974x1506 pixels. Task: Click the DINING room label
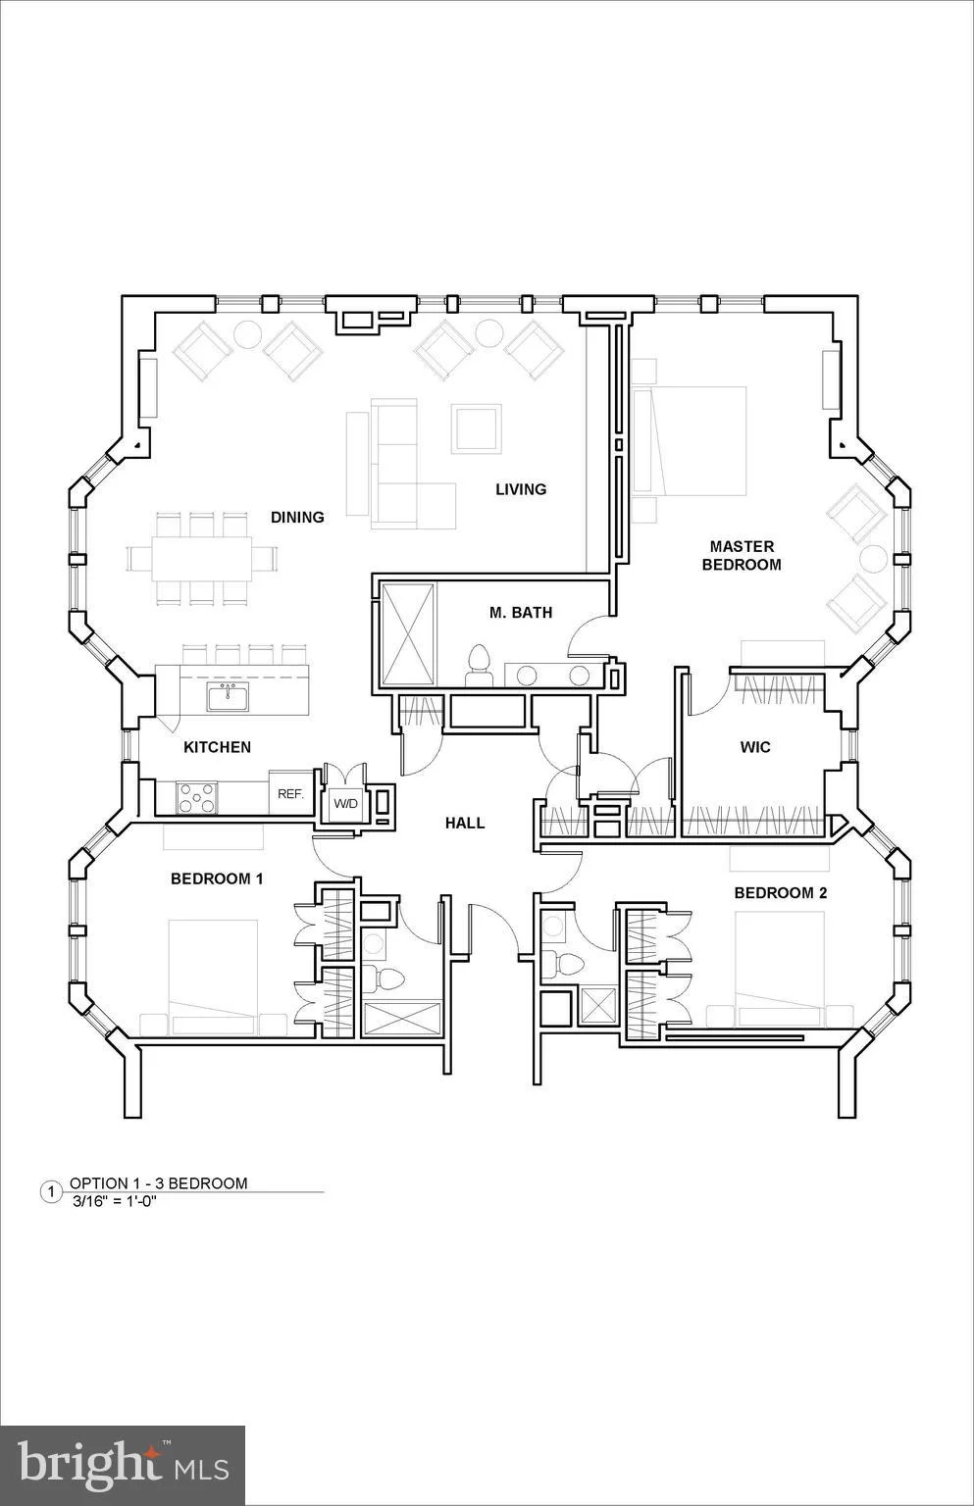[x=297, y=517]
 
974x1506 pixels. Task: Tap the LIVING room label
[x=521, y=489]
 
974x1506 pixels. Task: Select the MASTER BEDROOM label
[x=742, y=555]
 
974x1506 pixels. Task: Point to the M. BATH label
[x=521, y=613]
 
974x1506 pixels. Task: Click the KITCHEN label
[x=218, y=747]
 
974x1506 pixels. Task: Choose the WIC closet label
[x=754, y=747]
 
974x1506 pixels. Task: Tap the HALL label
[x=465, y=823]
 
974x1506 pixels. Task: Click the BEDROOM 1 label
[x=217, y=878]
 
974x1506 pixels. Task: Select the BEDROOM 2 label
[x=780, y=893]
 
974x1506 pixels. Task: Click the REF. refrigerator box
[x=291, y=793]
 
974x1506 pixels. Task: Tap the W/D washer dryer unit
[x=345, y=803]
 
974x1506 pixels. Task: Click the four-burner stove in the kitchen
[x=196, y=798]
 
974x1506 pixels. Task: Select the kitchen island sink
[x=228, y=696]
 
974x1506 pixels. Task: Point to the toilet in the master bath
[x=479, y=666]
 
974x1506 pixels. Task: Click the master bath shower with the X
[x=408, y=635]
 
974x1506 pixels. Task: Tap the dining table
[x=202, y=559]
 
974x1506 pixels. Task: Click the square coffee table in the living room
[x=477, y=428]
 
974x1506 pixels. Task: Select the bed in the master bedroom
[x=690, y=441]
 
